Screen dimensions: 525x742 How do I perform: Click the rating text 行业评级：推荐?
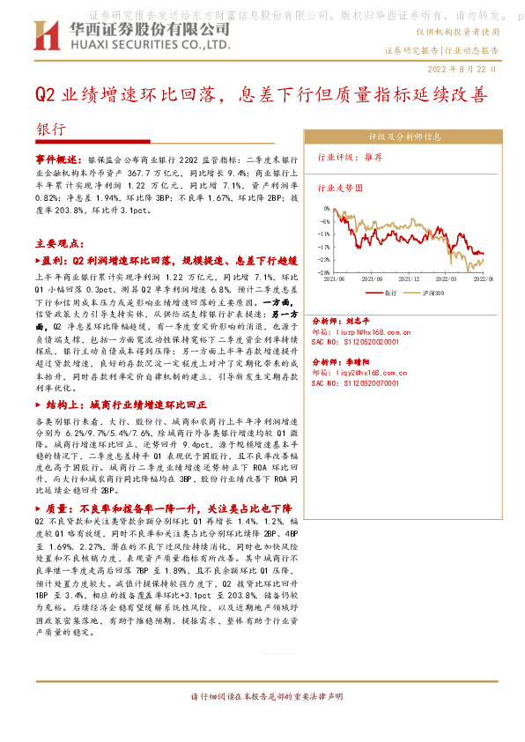tap(351, 156)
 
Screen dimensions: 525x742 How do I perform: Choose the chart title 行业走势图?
tap(340, 188)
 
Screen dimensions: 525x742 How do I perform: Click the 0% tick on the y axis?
tap(327, 210)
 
